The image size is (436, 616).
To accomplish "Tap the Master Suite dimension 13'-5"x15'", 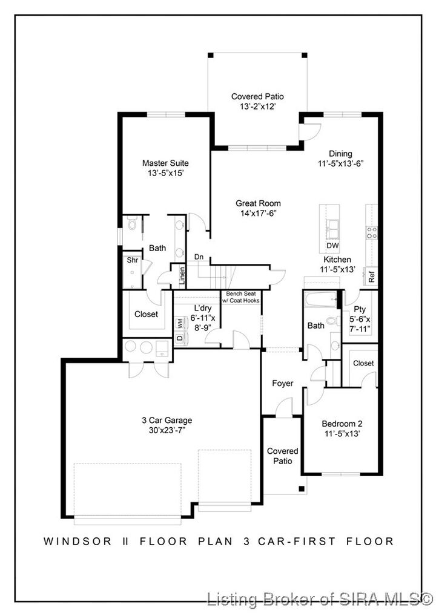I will (165, 173).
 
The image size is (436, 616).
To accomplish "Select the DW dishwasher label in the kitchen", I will (332, 246).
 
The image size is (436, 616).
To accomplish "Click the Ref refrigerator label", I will (372, 277).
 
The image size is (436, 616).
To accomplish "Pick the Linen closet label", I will (182, 276).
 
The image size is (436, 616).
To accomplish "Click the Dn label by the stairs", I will (198, 257).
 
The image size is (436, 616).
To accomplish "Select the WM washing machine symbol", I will (180, 324).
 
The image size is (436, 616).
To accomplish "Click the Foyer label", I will (282, 384).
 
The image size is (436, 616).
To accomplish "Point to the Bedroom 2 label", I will (342, 424).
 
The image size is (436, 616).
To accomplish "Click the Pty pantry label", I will (359, 309).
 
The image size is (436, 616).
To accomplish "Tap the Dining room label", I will (340, 154).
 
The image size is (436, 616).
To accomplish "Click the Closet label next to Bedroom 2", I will (363, 363).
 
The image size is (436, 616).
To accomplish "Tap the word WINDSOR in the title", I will (71, 542).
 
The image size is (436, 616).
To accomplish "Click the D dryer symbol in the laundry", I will (179, 338).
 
